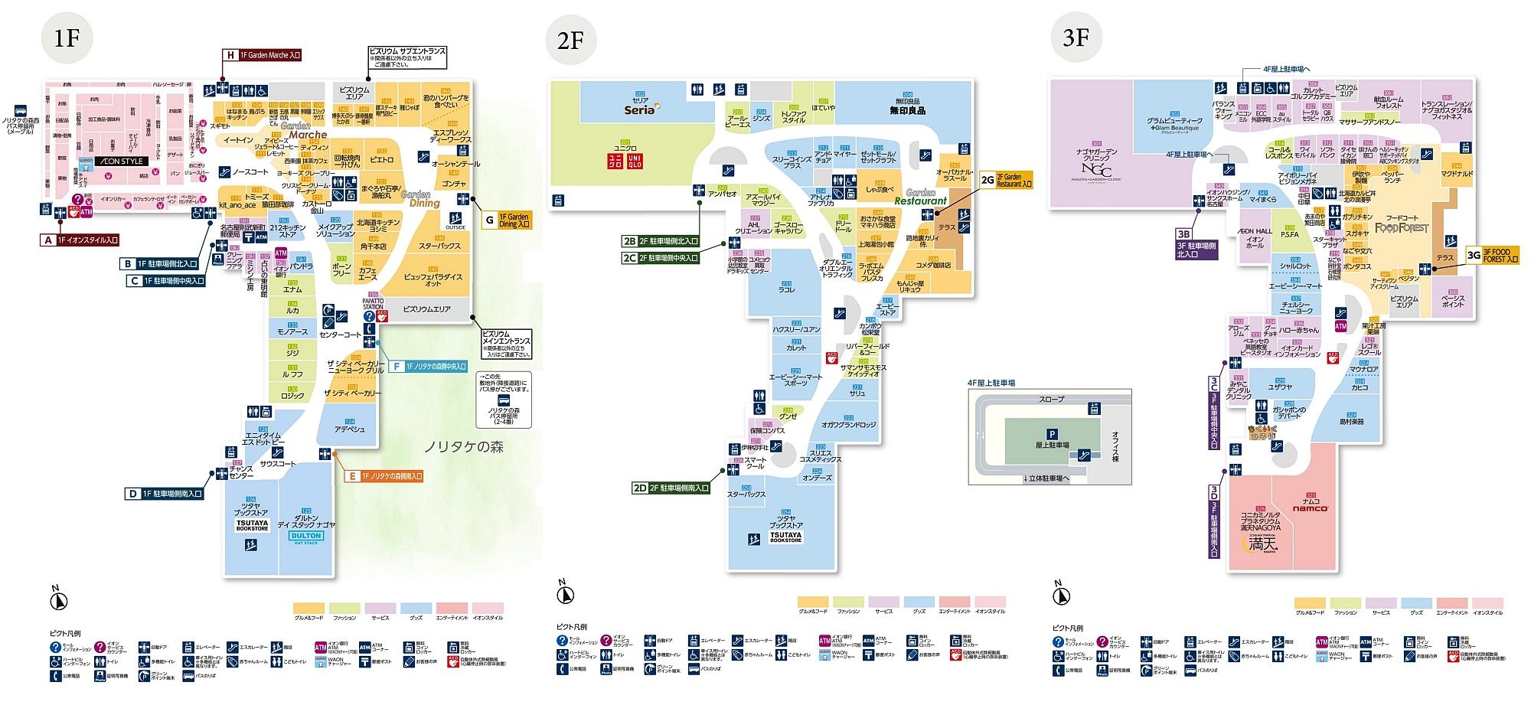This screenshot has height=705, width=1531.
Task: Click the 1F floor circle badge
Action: pos(67,38)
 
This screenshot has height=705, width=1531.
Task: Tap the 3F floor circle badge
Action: pos(1076,37)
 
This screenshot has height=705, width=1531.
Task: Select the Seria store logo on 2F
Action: pos(640,109)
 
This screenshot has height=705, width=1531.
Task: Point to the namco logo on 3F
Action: pos(1311,508)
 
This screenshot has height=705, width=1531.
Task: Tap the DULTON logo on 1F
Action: pos(306,536)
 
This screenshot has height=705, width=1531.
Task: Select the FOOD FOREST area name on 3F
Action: pos(1402,227)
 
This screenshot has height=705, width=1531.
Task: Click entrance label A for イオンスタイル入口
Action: pos(80,240)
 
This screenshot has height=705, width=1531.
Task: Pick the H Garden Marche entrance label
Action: pos(262,55)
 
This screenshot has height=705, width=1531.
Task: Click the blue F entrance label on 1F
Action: pos(428,367)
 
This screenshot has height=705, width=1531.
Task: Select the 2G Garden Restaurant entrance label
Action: pos(1006,180)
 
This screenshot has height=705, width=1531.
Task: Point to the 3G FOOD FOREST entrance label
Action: pos(1492,255)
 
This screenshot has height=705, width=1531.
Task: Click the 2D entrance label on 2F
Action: pos(671,488)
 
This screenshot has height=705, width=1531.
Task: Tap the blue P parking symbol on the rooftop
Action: pos(1052,434)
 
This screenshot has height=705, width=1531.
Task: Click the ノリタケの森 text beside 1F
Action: pos(464,447)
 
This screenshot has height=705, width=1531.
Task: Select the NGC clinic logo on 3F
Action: pos(1096,169)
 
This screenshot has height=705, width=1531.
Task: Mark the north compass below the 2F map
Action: pos(566,594)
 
